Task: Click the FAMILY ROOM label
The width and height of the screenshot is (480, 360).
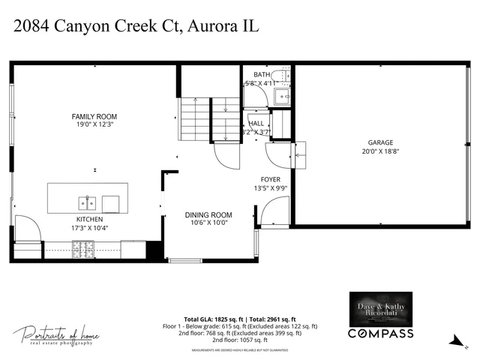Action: pos(94,116)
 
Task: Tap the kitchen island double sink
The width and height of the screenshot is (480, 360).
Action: pos(87,202)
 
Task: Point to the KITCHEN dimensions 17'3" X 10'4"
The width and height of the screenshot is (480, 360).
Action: pos(95,227)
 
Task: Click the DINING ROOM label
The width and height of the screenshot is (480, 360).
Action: pos(208,215)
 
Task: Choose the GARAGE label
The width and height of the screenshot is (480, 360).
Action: pos(379,142)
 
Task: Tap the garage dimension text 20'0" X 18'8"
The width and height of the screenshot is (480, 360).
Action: pos(379,151)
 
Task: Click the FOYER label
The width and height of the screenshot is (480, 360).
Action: pos(270,179)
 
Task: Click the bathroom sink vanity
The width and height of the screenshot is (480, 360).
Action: pos(282,96)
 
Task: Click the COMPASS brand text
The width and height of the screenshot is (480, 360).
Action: pos(380,333)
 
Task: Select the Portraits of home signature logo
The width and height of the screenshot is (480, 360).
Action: pos(56,334)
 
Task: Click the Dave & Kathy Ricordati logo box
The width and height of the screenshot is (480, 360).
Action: pos(380,308)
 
